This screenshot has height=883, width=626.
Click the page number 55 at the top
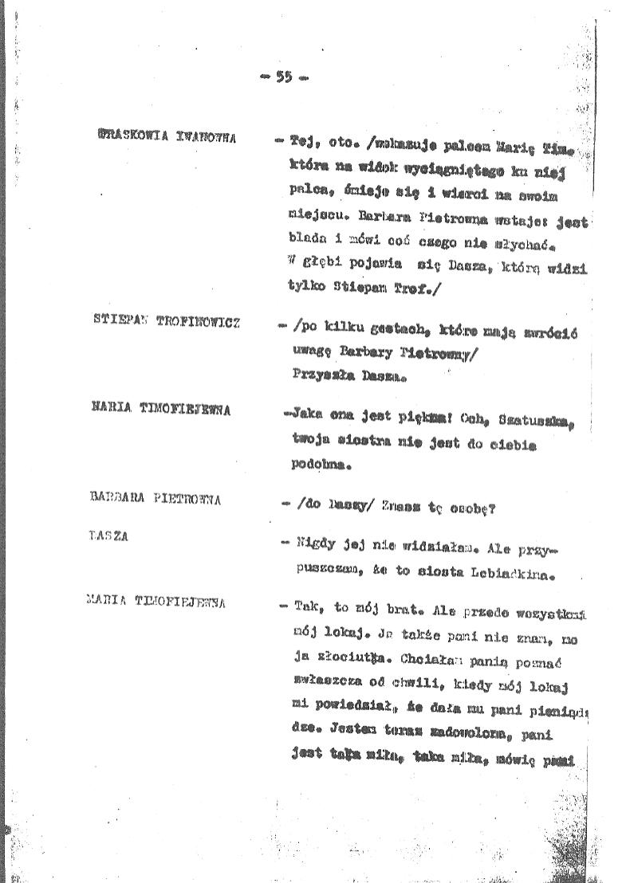(x=283, y=77)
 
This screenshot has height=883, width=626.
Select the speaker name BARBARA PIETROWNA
(x=156, y=500)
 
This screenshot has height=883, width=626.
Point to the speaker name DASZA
(x=109, y=536)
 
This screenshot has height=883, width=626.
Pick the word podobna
(x=321, y=463)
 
